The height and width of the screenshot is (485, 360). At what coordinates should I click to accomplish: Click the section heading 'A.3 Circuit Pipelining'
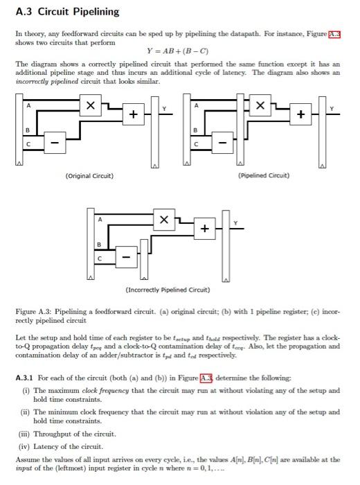coord(67,12)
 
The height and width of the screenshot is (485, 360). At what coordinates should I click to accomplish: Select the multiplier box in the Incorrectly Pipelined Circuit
coord(163,220)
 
